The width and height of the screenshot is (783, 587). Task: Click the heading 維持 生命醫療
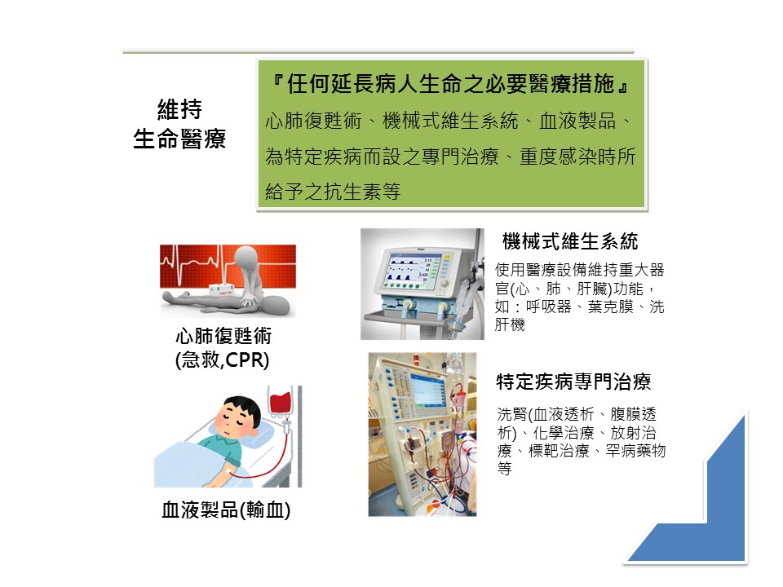pos(179,124)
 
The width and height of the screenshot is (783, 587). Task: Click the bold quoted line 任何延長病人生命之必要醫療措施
pos(450,83)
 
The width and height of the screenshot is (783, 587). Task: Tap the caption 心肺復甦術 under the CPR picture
pos(223,336)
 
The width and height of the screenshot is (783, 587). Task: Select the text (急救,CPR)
pos(222,360)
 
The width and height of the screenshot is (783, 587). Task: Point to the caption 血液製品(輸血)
pos(226,510)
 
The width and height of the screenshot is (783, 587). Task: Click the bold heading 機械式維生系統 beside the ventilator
pos(570,241)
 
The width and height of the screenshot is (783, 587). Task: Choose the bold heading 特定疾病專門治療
pos(573,382)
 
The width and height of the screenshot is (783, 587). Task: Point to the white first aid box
pos(221,289)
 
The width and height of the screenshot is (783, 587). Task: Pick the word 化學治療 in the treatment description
pos(564,432)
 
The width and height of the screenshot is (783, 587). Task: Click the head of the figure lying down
pos(278,304)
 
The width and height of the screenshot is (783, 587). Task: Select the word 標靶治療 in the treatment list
pos(559,451)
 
